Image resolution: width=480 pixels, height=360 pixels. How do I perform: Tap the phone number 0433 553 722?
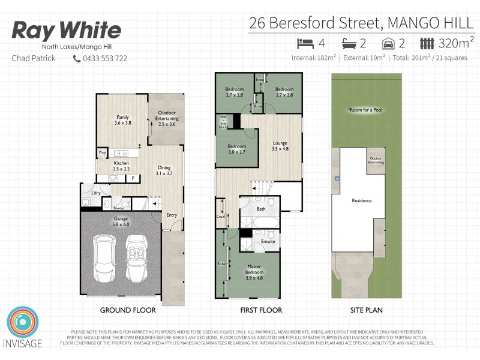tap(105, 58)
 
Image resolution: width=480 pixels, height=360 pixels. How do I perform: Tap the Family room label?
tap(122, 119)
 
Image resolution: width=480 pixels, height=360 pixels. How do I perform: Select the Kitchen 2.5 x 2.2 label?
tap(122, 166)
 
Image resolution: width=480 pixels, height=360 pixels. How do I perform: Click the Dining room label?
tap(164, 170)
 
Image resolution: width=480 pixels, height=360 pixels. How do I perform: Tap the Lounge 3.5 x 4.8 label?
tap(280, 145)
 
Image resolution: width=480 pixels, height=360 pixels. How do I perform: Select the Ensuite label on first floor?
tap(268, 241)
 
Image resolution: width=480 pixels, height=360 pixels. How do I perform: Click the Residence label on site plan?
tap(361, 201)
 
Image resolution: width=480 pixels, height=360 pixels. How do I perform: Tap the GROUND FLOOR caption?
tap(128, 310)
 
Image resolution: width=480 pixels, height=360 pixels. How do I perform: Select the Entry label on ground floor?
tap(172, 215)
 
